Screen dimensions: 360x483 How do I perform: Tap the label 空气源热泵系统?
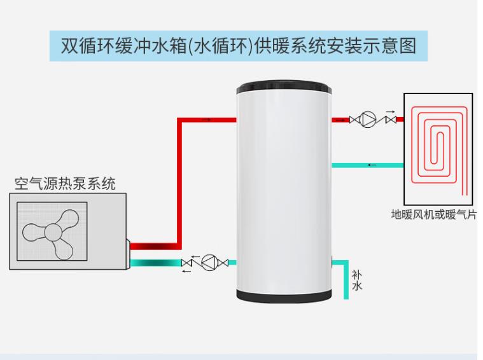tap(66, 184)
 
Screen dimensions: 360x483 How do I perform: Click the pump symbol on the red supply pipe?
tap(368, 120)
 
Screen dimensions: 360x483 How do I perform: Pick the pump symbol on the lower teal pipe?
tap(209, 262)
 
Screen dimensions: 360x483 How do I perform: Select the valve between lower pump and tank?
tap(223, 262)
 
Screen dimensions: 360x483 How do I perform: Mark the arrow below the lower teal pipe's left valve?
tap(186, 271)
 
